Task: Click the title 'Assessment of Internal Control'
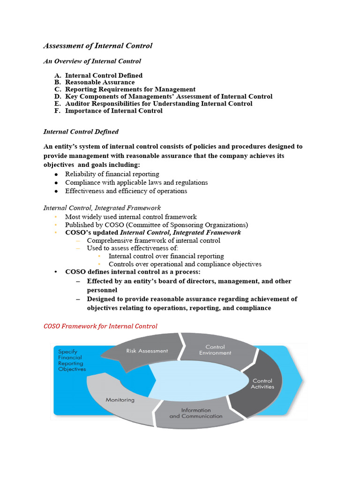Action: click(97, 46)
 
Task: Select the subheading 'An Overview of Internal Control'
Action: click(92, 61)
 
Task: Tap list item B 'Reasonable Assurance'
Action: click(100, 82)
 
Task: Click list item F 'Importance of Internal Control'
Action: click(114, 111)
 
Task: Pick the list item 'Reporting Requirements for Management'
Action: click(130, 89)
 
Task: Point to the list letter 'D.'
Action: click(58, 97)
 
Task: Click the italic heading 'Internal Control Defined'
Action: click(81, 132)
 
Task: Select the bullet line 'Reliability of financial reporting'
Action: click(112, 174)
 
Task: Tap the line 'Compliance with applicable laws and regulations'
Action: click(136, 182)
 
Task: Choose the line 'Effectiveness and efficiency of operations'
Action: click(126, 191)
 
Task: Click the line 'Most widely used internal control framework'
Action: click(131, 217)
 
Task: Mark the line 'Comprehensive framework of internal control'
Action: click(153, 240)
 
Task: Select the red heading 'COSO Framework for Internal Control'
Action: click(100, 326)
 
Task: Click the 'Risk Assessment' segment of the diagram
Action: click(147, 351)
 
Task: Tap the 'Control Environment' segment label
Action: click(215, 350)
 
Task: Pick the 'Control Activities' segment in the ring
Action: click(262, 383)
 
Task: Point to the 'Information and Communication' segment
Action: click(196, 413)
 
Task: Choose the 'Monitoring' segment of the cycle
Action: click(120, 400)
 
